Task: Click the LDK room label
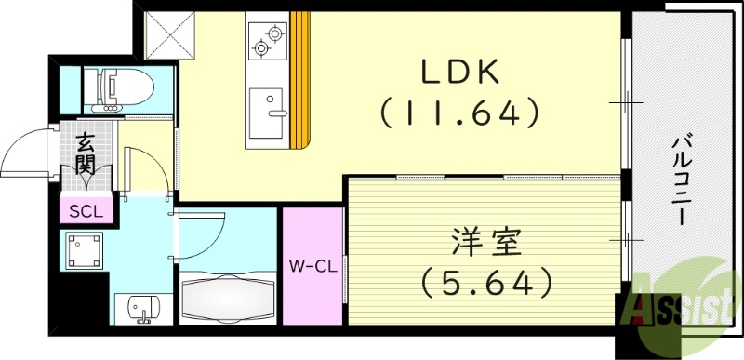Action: [x=462, y=72]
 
